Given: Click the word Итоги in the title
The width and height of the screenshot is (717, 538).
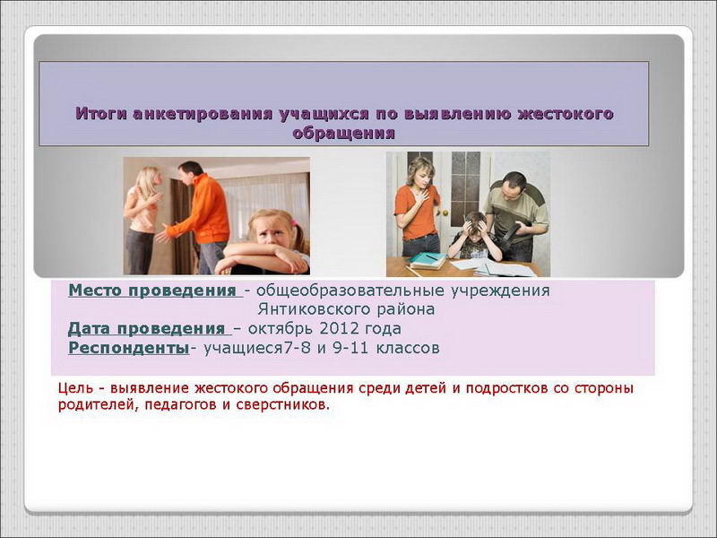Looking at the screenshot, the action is (x=100, y=114).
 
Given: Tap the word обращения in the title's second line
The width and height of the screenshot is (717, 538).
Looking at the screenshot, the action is (x=343, y=134).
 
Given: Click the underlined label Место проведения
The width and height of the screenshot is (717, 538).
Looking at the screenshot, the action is (x=152, y=291).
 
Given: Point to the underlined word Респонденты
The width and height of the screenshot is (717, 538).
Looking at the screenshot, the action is (x=128, y=348).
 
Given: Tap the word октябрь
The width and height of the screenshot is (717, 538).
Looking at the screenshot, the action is (x=281, y=328).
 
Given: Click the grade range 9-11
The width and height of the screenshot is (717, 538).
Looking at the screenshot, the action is (x=350, y=348).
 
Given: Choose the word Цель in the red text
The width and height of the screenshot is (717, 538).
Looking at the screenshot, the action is (x=75, y=388).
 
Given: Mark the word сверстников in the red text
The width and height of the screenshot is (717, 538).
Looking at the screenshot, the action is (x=282, y=405).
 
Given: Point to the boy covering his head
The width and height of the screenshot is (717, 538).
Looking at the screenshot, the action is (x=476, y=237).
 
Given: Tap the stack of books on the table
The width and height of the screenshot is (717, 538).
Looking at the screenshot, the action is (x=428, y=260).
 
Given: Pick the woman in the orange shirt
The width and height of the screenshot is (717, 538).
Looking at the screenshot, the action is (x=418, y=207).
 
